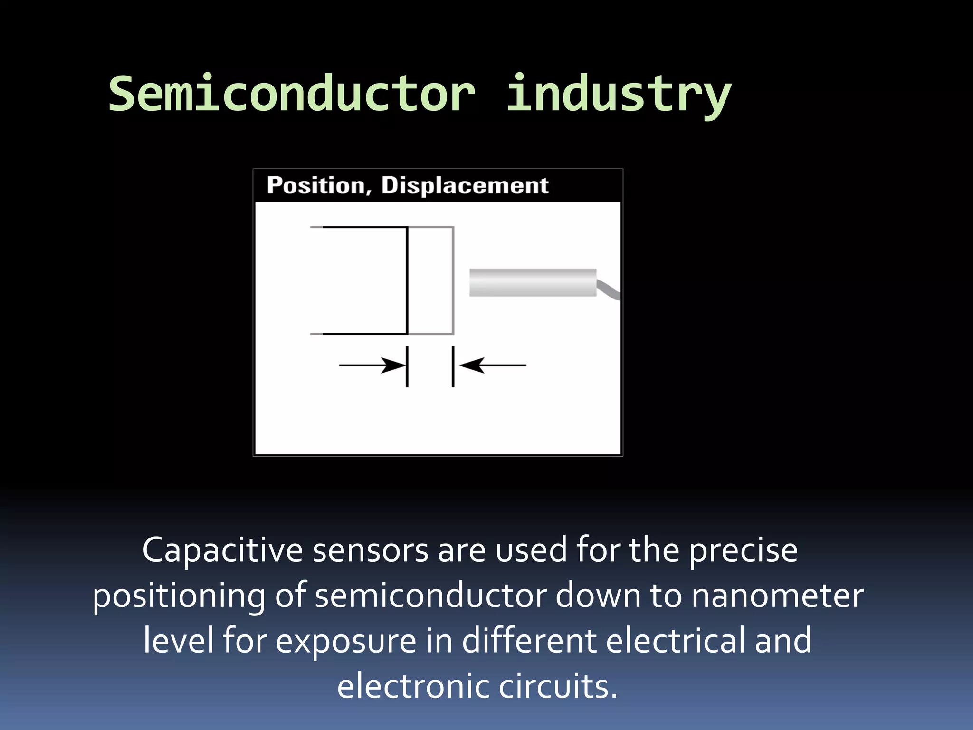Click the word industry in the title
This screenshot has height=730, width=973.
coord(618,95)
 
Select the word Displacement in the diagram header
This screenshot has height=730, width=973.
coord(465,185)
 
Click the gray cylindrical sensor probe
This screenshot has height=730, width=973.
coord(533,282)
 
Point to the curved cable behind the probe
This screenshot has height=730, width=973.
coord(609,289)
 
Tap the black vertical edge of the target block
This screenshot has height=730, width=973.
coord(407,280)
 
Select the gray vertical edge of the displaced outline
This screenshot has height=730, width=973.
coord(453,280)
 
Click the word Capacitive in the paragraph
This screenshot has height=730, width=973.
coord(222,550)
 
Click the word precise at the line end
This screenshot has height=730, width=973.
coord(743,550)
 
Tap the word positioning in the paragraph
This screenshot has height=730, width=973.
coord(179,596)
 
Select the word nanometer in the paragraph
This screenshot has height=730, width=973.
coord(777,596)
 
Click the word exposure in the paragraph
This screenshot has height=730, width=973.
coord(346,641)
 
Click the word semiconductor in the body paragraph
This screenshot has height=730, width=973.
coord(430,596)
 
